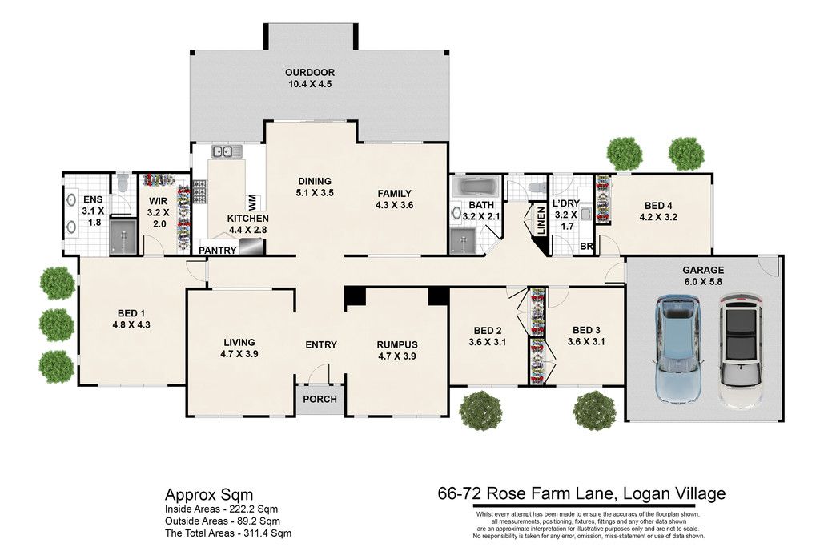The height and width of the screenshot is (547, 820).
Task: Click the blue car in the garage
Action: [x=678, y=349]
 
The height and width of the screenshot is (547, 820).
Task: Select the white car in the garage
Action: [x=740, y=351]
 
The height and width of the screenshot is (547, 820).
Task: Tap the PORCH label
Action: [x=320, y=400]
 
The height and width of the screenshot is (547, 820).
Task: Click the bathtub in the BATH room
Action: [x=475, y=186]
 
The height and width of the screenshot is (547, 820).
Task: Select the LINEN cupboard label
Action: [x=541, y=220]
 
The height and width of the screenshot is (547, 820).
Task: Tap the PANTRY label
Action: [x=218, y=251]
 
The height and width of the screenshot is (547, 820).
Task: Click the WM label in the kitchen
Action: [x=252, y=201]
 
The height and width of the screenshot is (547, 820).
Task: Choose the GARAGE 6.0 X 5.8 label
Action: [x=703, y=276]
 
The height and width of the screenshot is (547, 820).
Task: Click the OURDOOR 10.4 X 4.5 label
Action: [x=310, y=78]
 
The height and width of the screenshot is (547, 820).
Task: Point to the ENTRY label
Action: [x=321, y=344]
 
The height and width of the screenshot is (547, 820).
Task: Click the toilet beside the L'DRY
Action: [x=534, y=187]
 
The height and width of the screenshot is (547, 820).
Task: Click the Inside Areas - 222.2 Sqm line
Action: [x=221, y=509]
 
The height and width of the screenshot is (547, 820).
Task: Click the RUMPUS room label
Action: [x=397, y=344]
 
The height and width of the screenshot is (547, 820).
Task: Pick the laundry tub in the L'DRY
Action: [x=585, y=215]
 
